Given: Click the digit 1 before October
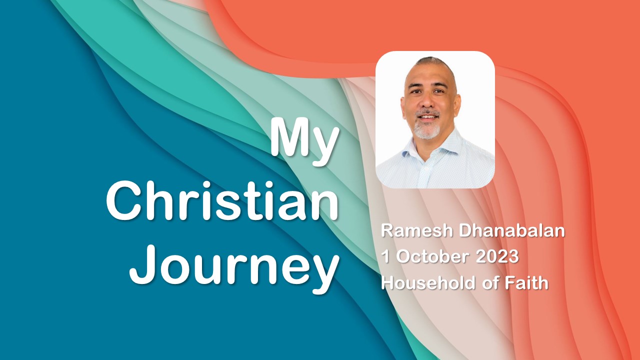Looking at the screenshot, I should pos(385,257).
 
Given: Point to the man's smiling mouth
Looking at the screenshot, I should pos(427,117).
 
